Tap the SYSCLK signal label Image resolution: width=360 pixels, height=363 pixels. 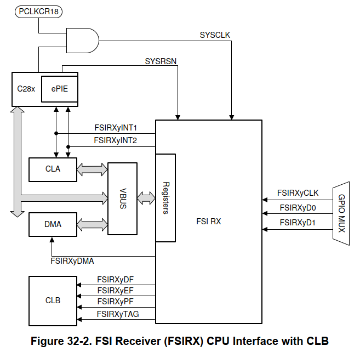[215, 35]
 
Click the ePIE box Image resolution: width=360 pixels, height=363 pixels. [60, 88]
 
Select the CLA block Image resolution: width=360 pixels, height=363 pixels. [53, 169]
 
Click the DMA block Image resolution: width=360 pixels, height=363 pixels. [53, 224]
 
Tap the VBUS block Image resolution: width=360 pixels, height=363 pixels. [123, 198]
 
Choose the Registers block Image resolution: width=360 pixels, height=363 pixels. [165, 198]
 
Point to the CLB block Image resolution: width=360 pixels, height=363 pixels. [53, 300]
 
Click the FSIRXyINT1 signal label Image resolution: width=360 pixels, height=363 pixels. [116, 128]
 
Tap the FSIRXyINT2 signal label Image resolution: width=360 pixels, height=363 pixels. [116, 140]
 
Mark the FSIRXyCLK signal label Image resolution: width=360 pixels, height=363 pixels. [298, 193]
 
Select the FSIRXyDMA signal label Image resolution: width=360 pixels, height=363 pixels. [72, 262]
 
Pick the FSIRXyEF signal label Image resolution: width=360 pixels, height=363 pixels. [116, 290]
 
